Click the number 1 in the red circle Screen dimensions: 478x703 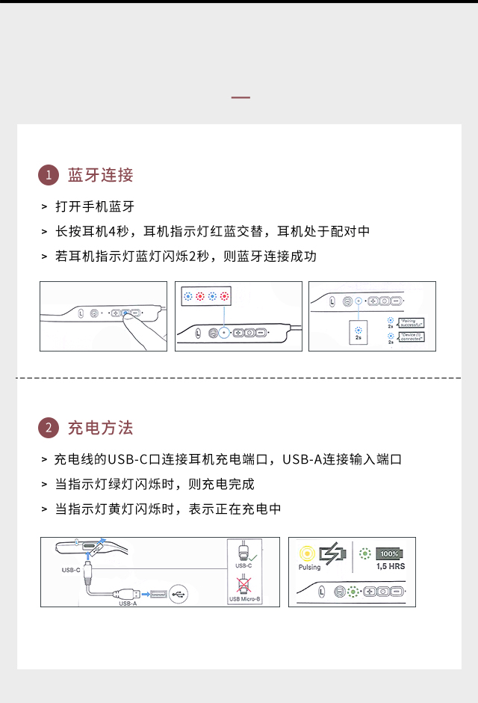(x=48, y=176)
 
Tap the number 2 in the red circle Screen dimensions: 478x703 (x=48, y=429)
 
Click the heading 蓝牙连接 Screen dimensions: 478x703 (x=100, y=175)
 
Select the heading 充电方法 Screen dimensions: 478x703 (x=100, y=428)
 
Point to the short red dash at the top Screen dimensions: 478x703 (x=240, y=98)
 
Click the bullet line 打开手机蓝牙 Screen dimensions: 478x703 (x=95, y=206)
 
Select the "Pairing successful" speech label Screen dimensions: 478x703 (x=412, y=323)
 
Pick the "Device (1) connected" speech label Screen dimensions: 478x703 (x=412, y=337)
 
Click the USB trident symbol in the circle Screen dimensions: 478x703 (x=179, y=594)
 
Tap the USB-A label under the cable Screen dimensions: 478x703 (x=128, y=603)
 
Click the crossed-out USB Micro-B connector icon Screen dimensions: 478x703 (x=243, y=586)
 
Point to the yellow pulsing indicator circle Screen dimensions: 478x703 (x=307, y=554)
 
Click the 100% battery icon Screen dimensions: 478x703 (x=390, y=554)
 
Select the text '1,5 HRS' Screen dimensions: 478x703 (x=391, y=567)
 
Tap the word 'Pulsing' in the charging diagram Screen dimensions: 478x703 (x=309, y=568)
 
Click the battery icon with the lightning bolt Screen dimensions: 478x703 (x=333, y=554)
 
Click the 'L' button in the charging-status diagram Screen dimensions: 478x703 (x=322, y=591)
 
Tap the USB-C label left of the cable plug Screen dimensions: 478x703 (x=71, y=570)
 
